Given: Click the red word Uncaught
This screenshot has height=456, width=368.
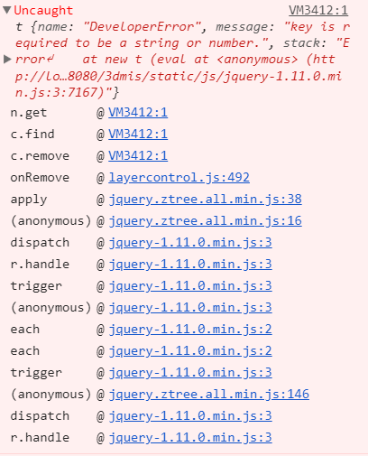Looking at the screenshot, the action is click(43, 11).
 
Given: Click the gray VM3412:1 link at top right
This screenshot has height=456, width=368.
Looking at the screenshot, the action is click(318, 11).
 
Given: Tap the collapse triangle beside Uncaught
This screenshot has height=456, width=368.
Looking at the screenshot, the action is click(7, 10).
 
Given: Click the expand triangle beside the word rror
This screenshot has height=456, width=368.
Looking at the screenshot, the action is click(7, 59).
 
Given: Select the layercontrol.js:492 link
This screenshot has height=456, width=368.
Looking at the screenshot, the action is click(179, 177).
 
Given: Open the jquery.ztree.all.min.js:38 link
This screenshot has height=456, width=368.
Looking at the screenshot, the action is click(205, 199).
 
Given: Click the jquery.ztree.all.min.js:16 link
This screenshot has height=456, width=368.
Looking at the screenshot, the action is click(205, 220).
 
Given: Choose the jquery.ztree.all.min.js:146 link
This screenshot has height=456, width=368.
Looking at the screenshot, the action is click(208, 394).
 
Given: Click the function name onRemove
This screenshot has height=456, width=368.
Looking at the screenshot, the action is click(40, 177).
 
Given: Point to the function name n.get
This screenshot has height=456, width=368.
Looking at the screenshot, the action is click(29, 113).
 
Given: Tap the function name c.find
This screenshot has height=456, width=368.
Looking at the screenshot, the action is click(32, 134).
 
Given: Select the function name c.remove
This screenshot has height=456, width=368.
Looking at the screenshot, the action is click(40, 155).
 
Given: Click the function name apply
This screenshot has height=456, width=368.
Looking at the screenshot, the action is click(29, 200).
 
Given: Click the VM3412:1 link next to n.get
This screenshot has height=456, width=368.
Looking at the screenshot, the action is click(138, 112).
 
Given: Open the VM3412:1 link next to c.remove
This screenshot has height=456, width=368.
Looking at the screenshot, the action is click(138, 155).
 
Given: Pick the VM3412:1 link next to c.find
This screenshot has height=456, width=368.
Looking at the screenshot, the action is click(138, 134).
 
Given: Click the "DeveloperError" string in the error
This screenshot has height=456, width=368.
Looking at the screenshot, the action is click(142, 27).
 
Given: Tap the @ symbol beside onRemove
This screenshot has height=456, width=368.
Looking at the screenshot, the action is click(100, 178).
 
